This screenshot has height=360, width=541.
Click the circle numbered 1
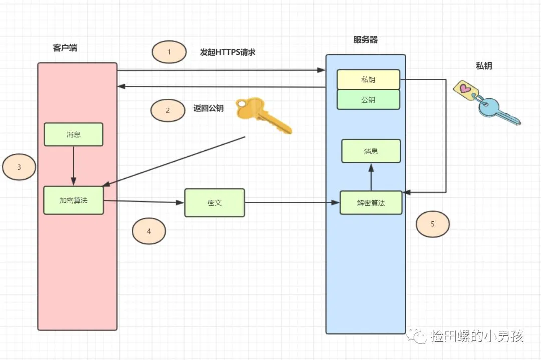(x=169, y=52)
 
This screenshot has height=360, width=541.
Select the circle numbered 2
(x=168, y=111)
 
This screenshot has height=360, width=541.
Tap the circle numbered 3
(x=19, y=167)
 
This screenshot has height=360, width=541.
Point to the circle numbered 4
(x=149, y=231)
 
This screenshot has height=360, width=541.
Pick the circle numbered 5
(x=433, y=224)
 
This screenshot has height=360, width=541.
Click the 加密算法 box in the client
(x=73, y=200)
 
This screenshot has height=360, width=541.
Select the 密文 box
(x=214, y=203)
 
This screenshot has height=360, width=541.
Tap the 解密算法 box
(x=371, y=203)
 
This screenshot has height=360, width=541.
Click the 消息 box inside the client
(x=73, y=134)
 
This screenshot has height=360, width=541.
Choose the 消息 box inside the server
(x=371, y=151)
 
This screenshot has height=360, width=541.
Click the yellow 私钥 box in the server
(x=368, y=79)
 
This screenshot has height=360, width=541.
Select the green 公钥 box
(x=368, y=99)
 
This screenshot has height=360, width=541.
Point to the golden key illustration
(x=263, y=115)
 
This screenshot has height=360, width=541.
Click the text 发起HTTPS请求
(x=228, y=52)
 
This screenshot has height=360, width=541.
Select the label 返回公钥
(x=208, y=108)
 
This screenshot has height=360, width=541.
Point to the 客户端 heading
(x=65, y=48)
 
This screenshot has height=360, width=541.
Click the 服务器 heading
(x=365, y=40)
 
